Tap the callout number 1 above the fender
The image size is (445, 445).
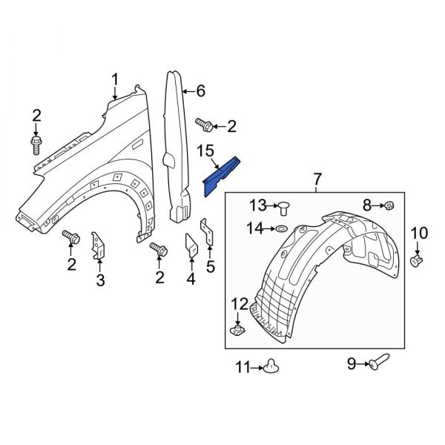116,79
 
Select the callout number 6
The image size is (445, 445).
200,91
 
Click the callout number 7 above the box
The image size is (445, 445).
317,179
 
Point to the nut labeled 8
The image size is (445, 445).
390,205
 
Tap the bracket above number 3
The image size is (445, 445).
96,246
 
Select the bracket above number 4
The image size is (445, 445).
190,246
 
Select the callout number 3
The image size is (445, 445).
101,280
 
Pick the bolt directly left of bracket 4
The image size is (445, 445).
157,250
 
